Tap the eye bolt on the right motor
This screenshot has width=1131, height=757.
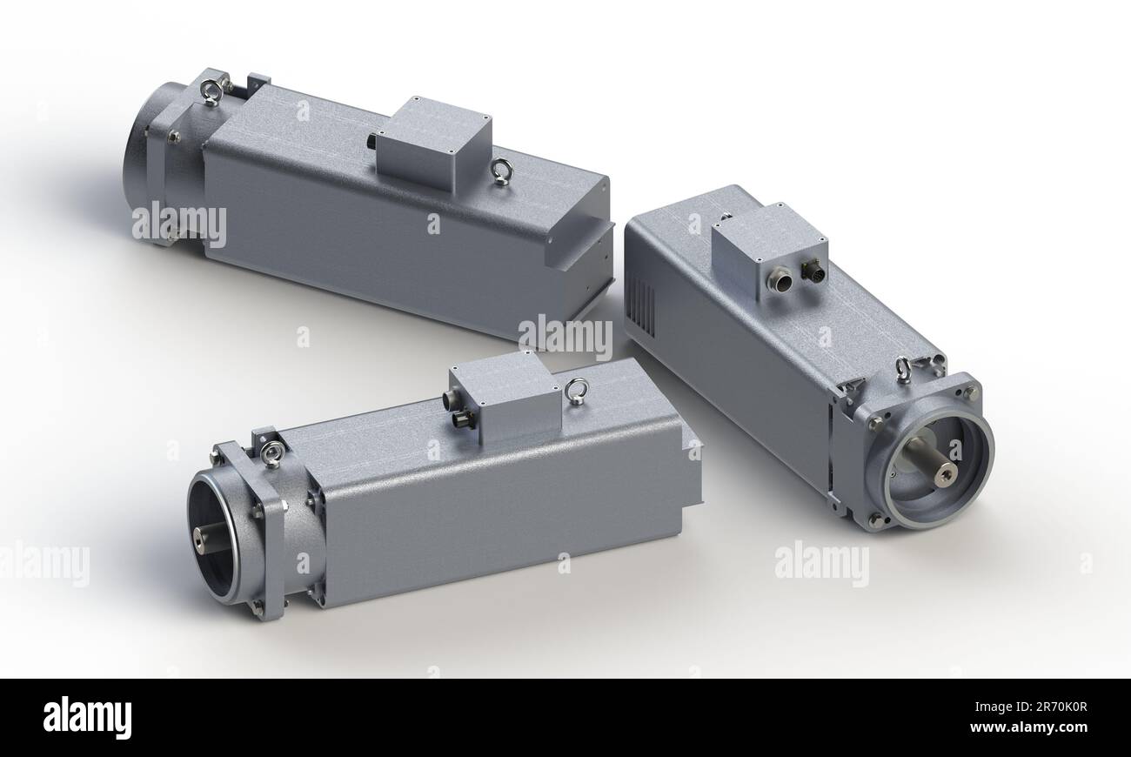[x=904, y=369]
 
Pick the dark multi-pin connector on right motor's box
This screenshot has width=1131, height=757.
[x=813, y=273]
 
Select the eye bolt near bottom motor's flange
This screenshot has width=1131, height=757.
[x=272, y=453]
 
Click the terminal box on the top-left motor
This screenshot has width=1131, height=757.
[x=433, y=143]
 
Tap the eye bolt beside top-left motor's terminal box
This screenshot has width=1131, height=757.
[x=501, y=171]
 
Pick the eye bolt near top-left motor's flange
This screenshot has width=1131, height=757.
[x=211, y=90]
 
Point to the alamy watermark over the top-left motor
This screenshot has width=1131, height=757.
[x=179, y=224]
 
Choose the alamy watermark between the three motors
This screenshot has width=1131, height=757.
[x=565, y=336]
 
